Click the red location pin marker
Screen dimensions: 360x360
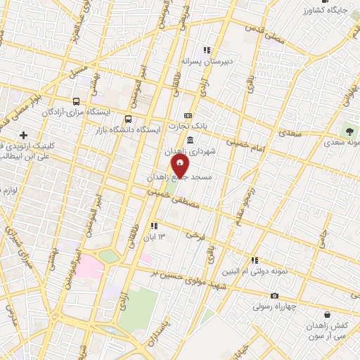coord(180,167)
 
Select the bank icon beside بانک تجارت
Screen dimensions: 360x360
coord(188,115)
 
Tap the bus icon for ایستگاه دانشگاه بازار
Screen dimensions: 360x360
coord(128,119)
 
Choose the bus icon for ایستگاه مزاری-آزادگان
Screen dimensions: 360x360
coord(76,101)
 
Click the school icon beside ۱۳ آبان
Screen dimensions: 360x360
coord(153,226)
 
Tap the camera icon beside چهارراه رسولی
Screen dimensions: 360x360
coord(274,296)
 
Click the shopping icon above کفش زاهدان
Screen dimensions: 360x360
coord(327,316)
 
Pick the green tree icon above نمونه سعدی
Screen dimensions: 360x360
coord(348,131)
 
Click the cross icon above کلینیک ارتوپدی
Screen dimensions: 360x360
coord(25,135)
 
